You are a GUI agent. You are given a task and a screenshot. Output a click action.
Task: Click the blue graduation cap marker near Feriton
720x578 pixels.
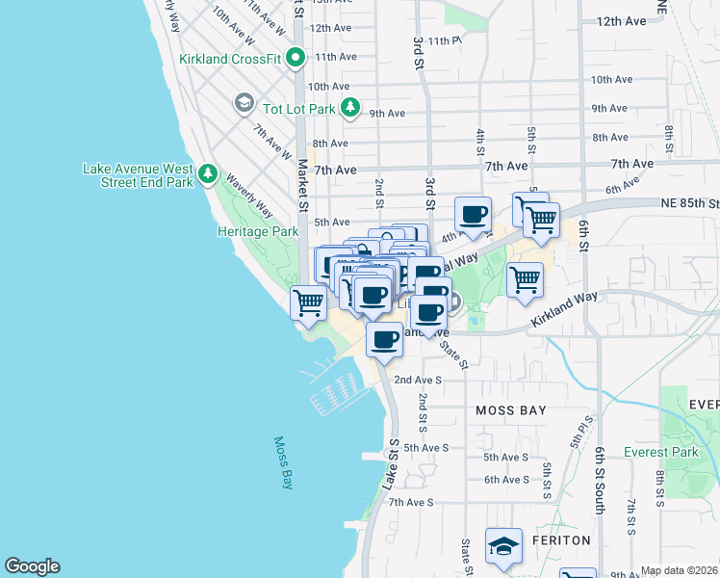click(x=503, y=546)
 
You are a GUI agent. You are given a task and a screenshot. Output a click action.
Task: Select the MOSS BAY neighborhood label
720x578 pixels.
click(x=511, y=410)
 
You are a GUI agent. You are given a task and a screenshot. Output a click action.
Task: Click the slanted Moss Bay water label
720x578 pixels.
click(x=283, y=463)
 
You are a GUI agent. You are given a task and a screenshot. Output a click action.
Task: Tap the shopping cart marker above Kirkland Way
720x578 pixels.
click(x=525, y=280)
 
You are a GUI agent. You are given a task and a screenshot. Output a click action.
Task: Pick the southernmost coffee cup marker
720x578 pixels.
click(x=384, y=340)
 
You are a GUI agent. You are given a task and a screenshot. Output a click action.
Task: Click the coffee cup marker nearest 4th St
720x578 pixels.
click(x=473, y=216)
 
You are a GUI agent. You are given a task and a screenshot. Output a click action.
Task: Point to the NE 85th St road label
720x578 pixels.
click(x=687, y=203)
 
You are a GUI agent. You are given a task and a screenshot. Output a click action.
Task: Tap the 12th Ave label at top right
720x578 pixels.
click(x=622, y=21)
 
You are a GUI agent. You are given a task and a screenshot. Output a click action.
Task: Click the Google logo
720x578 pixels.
click(x=32, y=566)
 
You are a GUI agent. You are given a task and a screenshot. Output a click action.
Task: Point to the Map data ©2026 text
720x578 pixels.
click(x=679, y=570)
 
